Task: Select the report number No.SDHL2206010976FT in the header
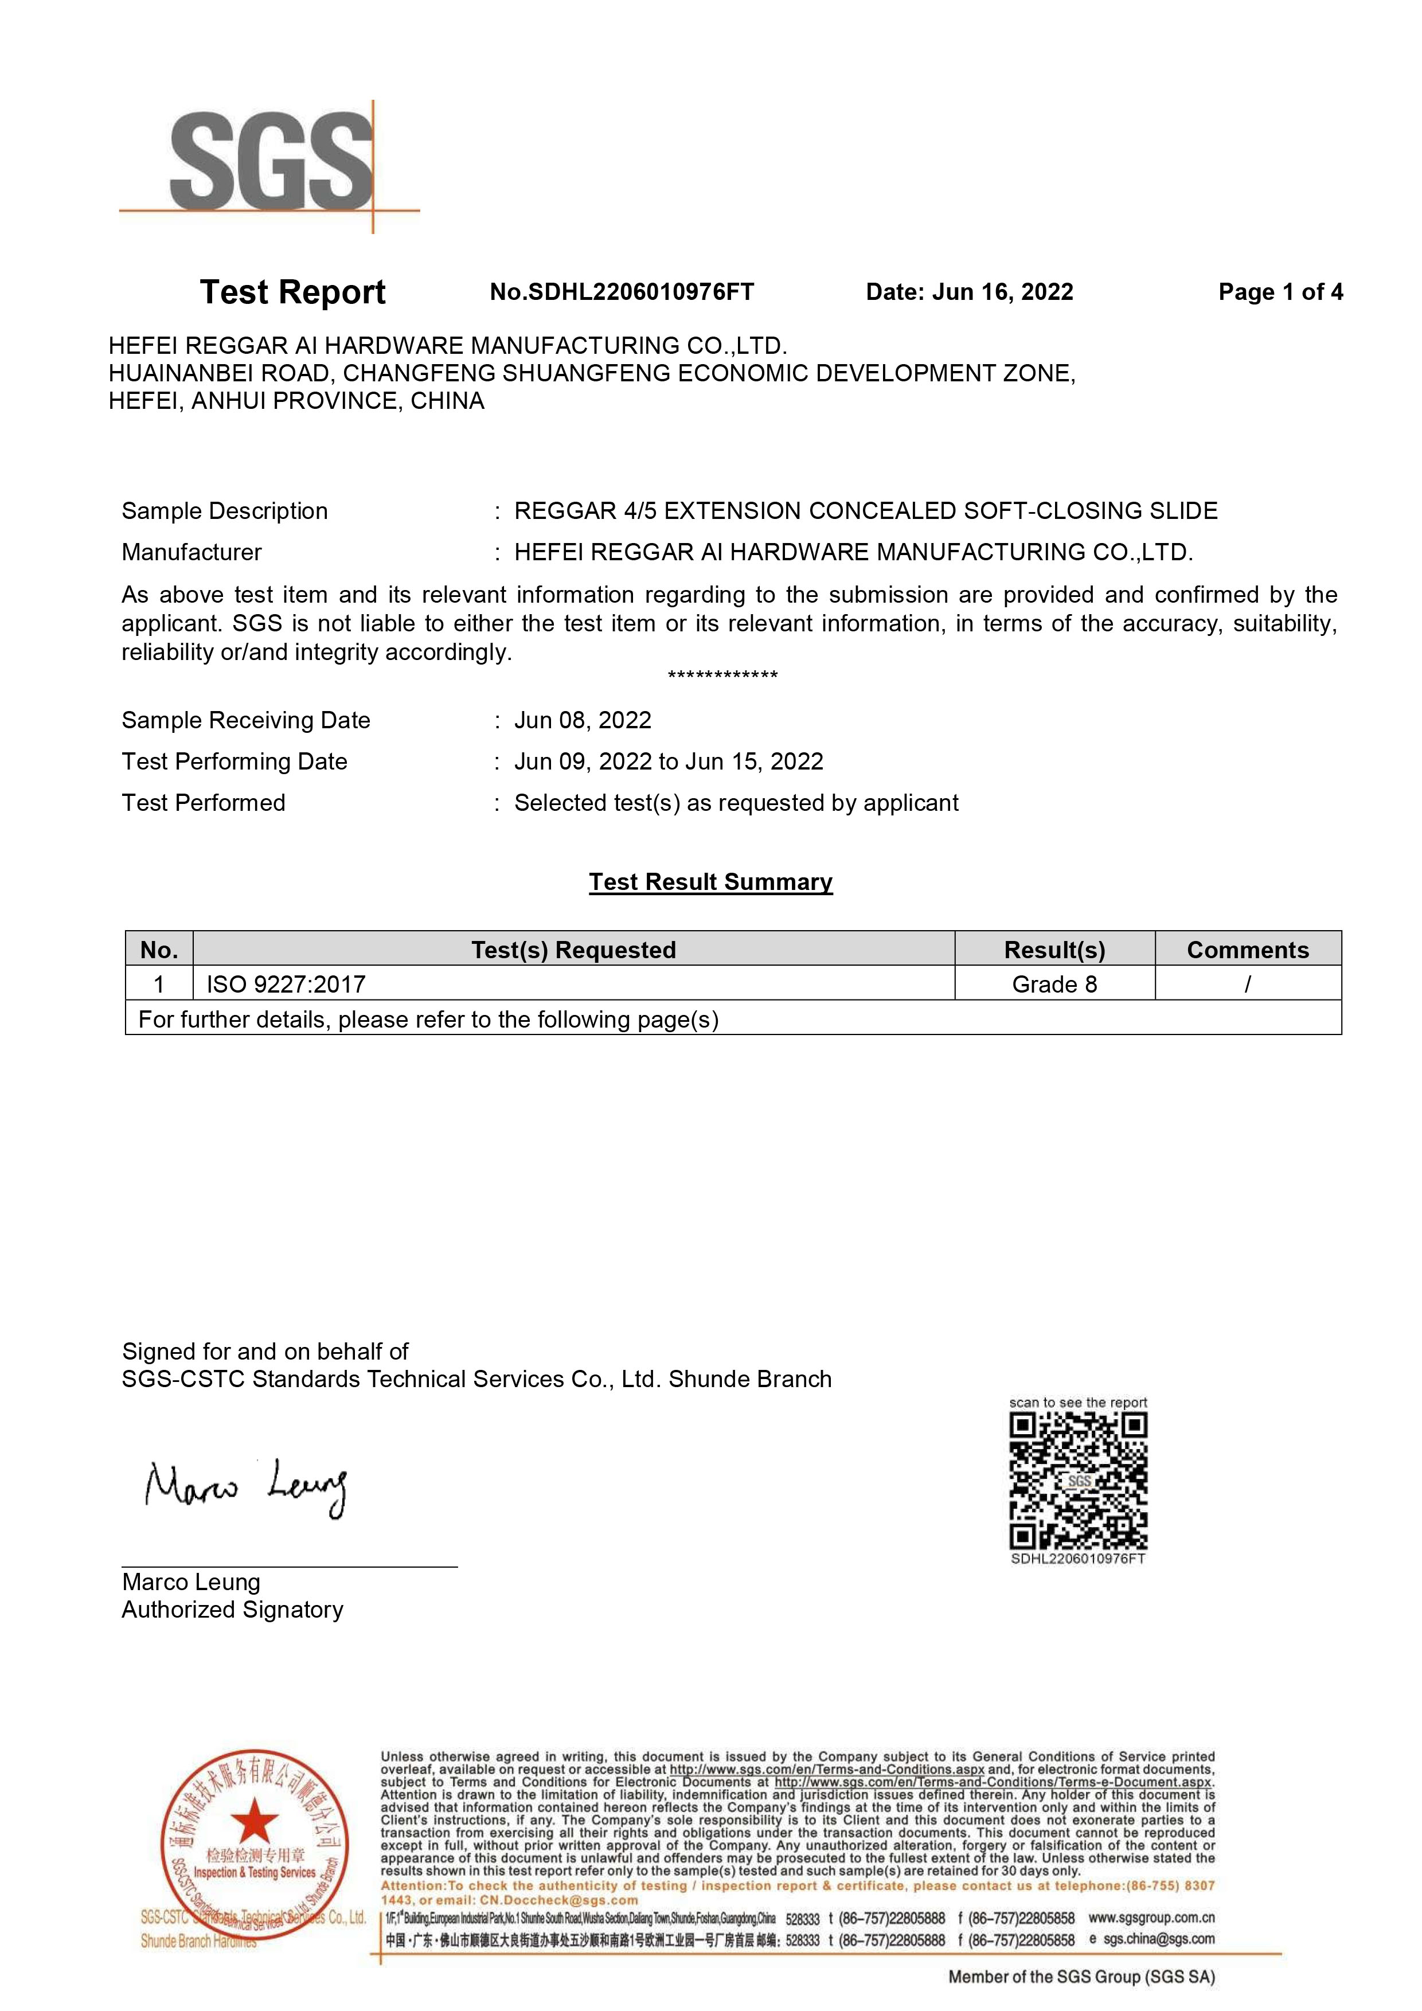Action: point(622,292)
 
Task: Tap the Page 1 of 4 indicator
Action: point(1280,292)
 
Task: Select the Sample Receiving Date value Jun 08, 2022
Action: point(583,720)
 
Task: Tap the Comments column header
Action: point(1248,950)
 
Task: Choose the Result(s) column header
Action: point(1054,950)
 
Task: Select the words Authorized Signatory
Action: point(232,1609)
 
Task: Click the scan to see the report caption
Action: point(1078,1402)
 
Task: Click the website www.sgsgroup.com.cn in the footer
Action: point(1151,1918)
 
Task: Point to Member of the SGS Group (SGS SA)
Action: point(1081,1977)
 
